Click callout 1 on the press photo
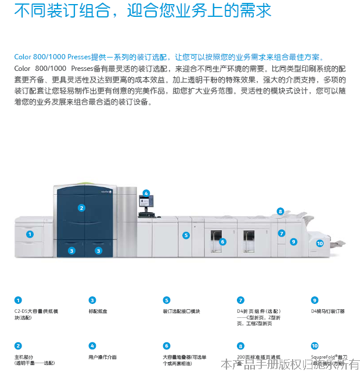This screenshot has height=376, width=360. [30, 234]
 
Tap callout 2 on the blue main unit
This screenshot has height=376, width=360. [81, 207]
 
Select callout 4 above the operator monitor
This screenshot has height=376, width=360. [146, 193]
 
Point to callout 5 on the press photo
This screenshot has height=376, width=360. [186, 235]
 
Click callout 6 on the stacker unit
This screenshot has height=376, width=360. [222, 241]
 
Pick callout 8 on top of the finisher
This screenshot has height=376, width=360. [280, 212]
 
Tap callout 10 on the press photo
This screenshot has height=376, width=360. [320, 243]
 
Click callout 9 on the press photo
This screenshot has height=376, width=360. [294, 241]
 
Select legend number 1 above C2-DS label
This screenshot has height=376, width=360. [18, 300]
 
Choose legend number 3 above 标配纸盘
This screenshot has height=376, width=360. [92, 300]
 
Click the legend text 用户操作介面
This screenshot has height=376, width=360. [103, 357]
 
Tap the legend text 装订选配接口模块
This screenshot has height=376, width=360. [181, 311]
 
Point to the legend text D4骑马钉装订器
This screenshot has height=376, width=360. [328, 311]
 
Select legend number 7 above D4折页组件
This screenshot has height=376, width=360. [240, 300]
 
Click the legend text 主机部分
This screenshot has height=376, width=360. [25, 357]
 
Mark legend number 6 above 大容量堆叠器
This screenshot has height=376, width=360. [167, 346]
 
